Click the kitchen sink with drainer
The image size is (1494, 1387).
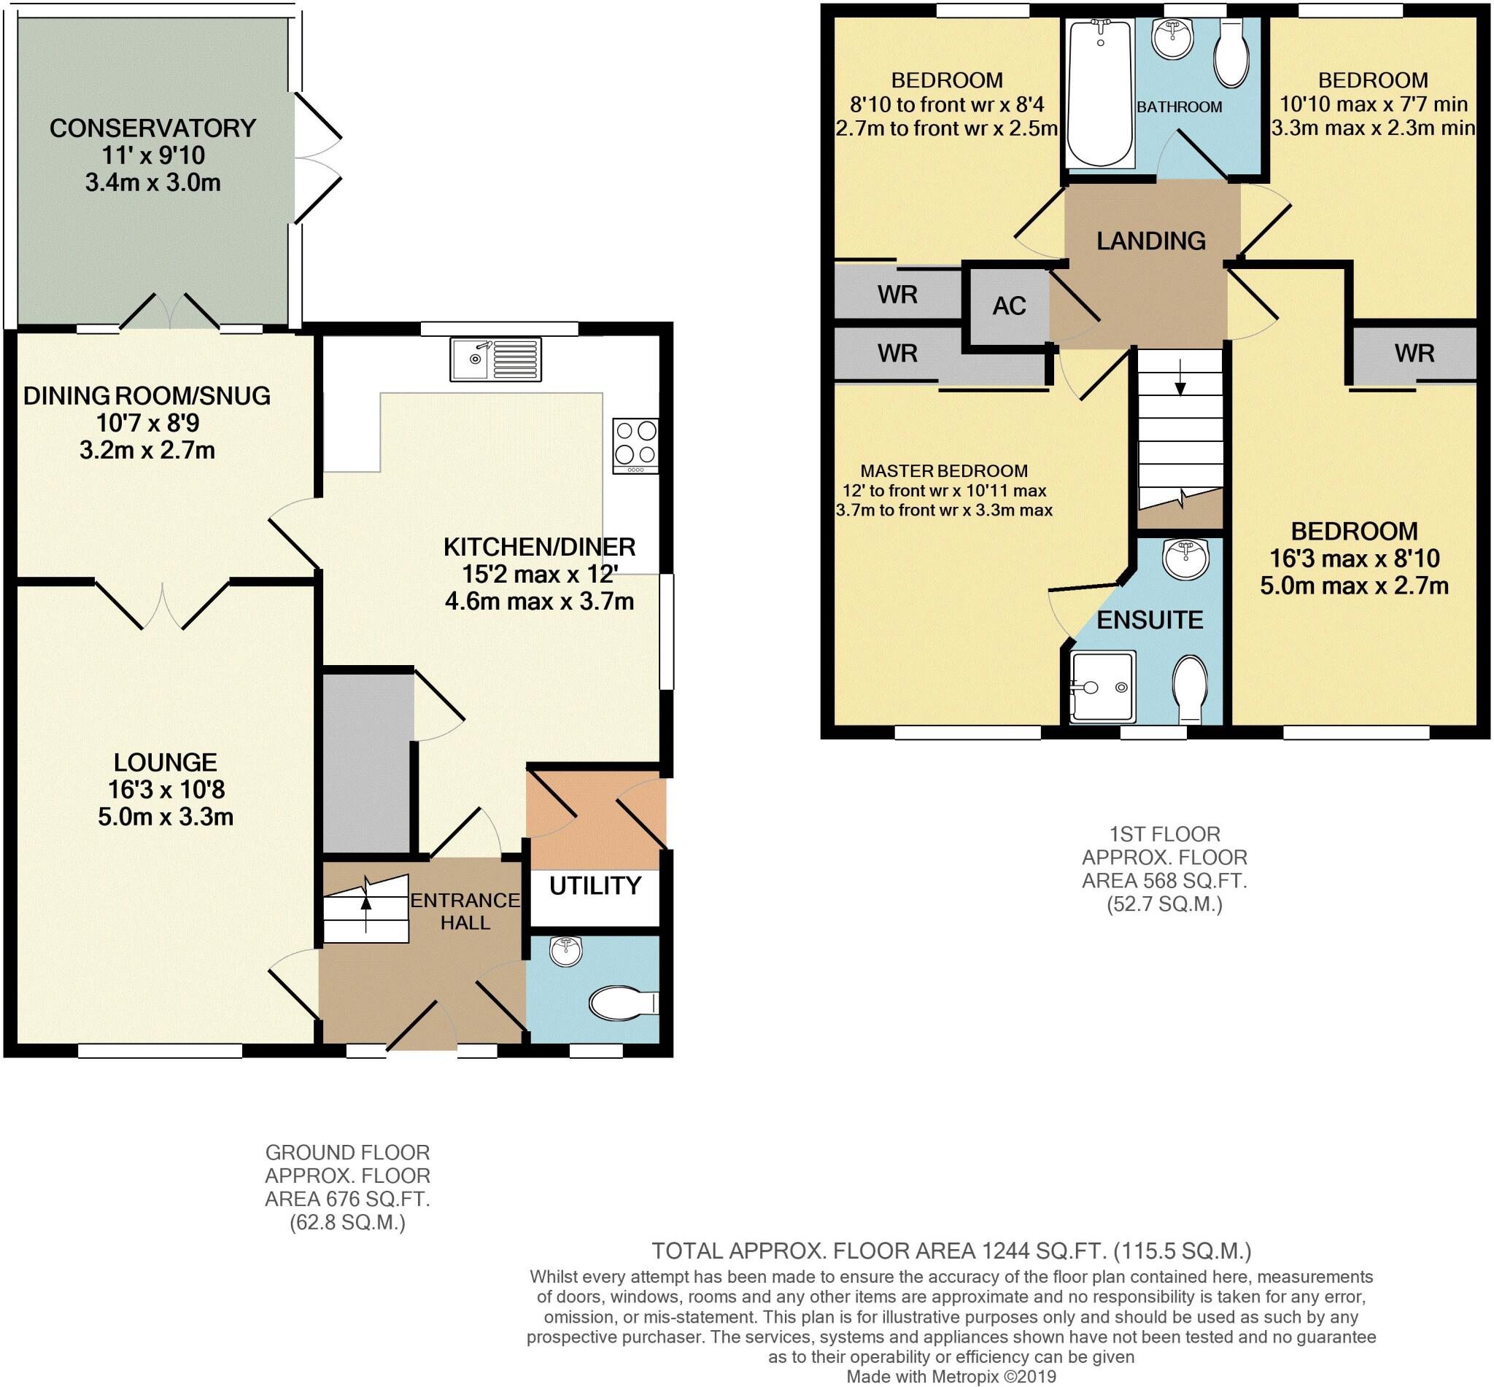[x=495, y=359]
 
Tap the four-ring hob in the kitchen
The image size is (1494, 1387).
[x=635, y=444]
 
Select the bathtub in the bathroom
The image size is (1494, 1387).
[x=1100, y=93]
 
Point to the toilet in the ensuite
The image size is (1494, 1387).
[x=1190, y=688]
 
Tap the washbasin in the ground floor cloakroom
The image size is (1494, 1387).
[x=566, y=951]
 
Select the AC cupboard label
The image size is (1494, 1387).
[x=1008, y=306]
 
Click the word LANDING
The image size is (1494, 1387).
[x=1151, y=240]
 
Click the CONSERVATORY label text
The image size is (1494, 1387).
[x=153, y=128]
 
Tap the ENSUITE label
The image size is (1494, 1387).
[x=1150, y=619]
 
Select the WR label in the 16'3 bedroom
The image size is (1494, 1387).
[x=1414, y=353]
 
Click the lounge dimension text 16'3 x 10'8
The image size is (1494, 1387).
[x=165, y=789]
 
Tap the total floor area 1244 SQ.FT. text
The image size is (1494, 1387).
[x=951, y=1251]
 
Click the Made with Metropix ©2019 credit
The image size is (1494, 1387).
[x=951, y=1377]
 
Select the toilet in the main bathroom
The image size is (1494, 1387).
[x=1231, y=53]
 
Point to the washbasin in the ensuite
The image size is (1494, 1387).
[x=1185, y=558]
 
